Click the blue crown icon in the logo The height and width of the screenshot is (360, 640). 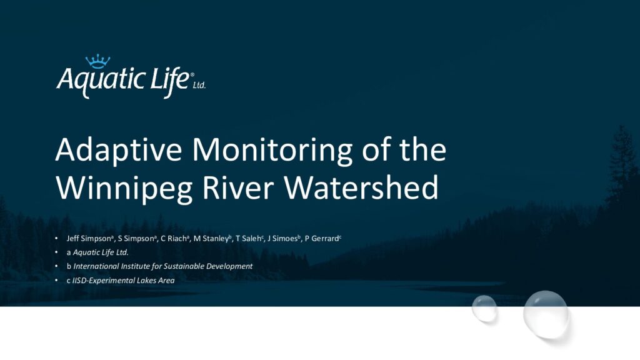tap(97, 61)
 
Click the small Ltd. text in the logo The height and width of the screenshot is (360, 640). tap(199, 85)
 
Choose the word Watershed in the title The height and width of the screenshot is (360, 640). tap(361, 187)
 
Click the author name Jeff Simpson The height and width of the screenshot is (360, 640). tap(89, 238)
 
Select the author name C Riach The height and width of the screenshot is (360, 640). tap(174, 238)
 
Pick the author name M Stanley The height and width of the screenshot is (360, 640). tap(211, 238)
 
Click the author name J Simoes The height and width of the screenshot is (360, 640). tap(282, 238)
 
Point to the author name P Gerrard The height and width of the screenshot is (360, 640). tap(322, 238)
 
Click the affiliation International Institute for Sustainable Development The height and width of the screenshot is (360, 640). tap(163, 266)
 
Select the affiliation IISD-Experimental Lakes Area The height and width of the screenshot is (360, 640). tap(123, 281)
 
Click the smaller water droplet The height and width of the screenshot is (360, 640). tap(484, 309)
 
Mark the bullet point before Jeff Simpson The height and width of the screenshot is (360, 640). tap(56, 238)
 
